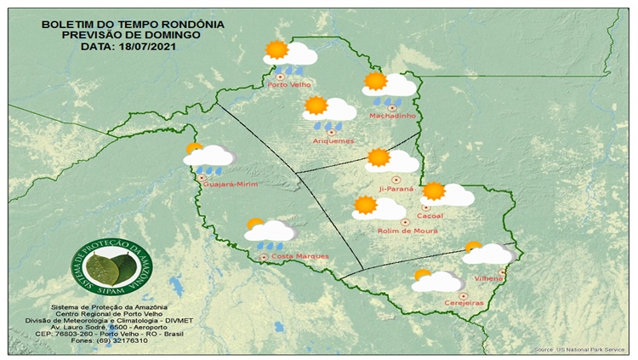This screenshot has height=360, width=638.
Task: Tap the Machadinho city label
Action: pyautogui.click(x=390, y=116)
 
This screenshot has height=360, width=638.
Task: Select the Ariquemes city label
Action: pyautogui.click(x=333, y=140)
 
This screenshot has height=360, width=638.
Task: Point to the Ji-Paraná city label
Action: pyautogui.click(x=396, y=189)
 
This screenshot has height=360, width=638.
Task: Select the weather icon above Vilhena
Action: pyautogui.click(x=487, y=253)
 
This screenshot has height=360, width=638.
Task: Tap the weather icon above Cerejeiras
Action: pyautogui.click(x=436, y=281)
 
